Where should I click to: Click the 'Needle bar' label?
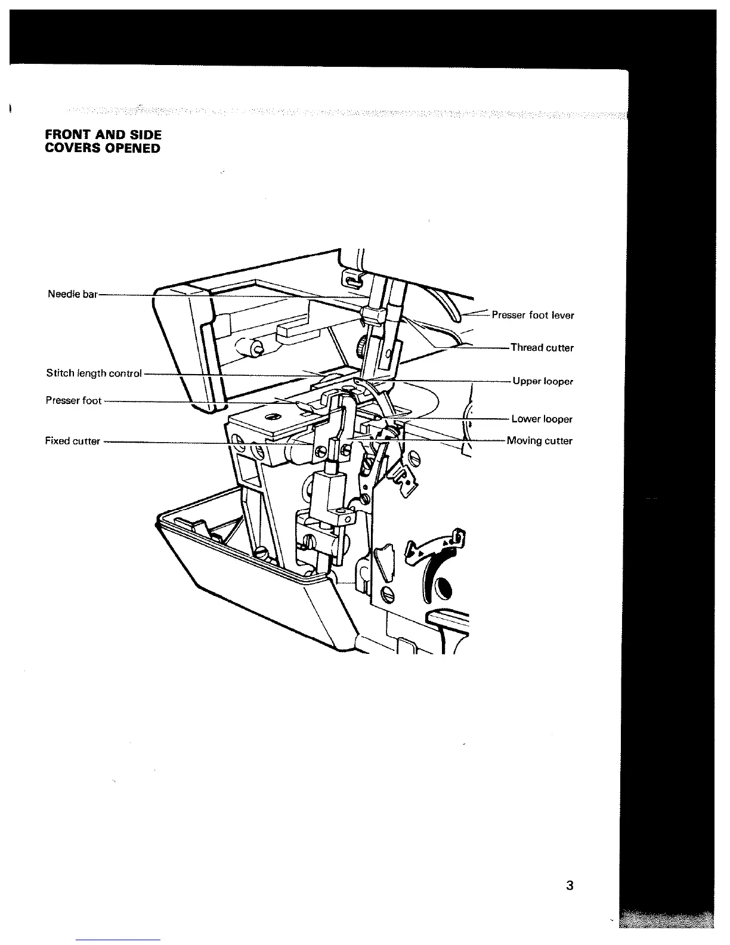tap(72, 294)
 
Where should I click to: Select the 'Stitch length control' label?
tap(94, 373)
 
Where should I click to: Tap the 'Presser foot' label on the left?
tap(73, 400)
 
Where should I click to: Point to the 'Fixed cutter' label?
tap(72, 441)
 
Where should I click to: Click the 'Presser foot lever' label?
tap(533, 315)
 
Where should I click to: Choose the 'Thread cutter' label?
tap(542, 348)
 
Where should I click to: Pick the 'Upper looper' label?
tap(543, 381)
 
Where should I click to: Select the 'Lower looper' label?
tap(542, 419)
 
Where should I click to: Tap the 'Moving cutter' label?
tap(539, 441)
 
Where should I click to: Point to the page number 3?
tap(570, 885)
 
